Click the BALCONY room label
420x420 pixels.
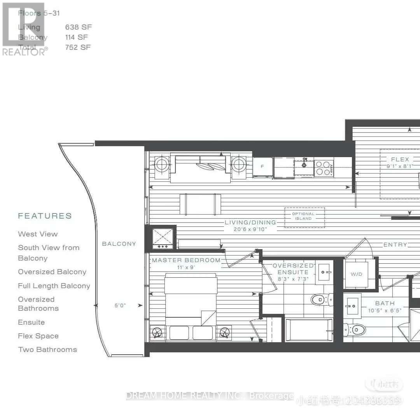pyautogui.click(x=119, y=244)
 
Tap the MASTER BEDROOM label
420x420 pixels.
pyautogui.click(x=186, y=260)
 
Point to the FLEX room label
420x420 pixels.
pyautogui.click(x=400, y=159)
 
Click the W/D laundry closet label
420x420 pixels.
pyautogui.click(x=356, y=274)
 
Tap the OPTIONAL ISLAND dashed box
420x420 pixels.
pyautogui.click(x=304, y=216)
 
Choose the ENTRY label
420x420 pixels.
pyautogui.click(x=395, y=245)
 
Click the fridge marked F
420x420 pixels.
pyautogui.click(x=262, y=167)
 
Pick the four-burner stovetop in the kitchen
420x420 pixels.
pyautogui.click(x=324, y=168)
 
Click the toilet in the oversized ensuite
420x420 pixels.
pyautogui.click(x=322, y=299)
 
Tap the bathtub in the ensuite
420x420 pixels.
pyautogui.click(x=309, y=330)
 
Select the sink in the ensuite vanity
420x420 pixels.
pyautogui.click(x=324, y=271)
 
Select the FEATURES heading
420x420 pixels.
pyautogui.click(x=45, y=216)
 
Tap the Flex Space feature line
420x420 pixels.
pyautogui.click(x=38, y=336)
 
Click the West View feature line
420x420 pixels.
pyautogui.click(x=38, y=234)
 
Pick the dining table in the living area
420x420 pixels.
pyautogui.click(x=200, y=204)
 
